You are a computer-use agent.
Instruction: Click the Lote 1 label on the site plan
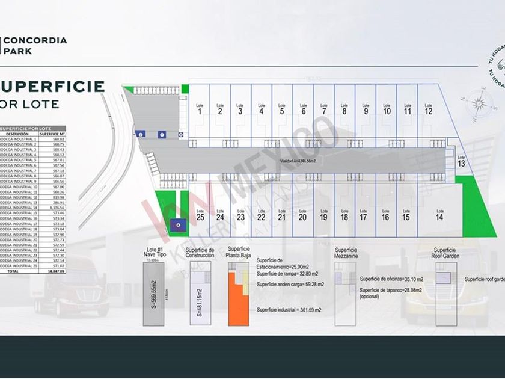pyautogui.click(x=199, y=108)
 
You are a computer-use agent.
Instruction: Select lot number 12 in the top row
pyautogui.click(x=428, y=108)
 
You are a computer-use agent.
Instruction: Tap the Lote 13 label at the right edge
pyautogui.click(x=461, y=161)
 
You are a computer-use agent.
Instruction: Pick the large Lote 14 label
pyautogui.click(x=439, y=215)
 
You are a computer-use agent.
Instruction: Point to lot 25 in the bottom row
pyautogui.click(x=200, y=214)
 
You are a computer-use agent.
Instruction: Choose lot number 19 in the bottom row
pyautogui.click(x=323, y=215)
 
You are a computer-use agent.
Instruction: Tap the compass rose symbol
pyautogui.click(x=479, y=102)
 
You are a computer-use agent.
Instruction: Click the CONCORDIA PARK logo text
pyautogui.click(x=35, y=46)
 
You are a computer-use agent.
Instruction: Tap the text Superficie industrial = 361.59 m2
pyautogui.click(x=290, y=310)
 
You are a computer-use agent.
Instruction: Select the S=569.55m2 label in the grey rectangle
pyautogui.click(x=153, y=294)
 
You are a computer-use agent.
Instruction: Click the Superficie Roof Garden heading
pyautogui.click(x=444, y=253)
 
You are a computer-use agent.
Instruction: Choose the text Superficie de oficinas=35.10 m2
pyautogui.click(x=391, y=279)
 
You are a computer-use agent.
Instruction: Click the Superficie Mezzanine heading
pyautogui.click(x=346, y=253)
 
